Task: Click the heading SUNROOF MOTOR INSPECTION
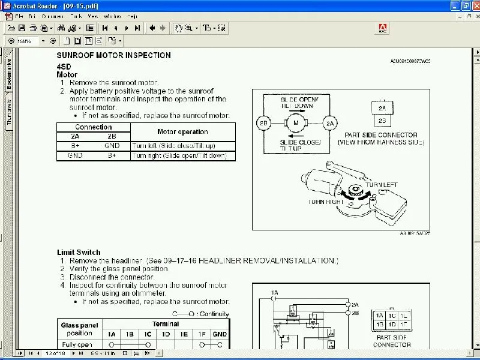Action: pyautogui.click(x=113, y=55)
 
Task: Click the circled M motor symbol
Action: pyautogui.click(x=295, y=123)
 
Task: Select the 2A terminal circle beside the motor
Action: pyautogui.click(x=330, y=123)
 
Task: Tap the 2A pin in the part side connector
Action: pyautogui.click(x=382, y=108)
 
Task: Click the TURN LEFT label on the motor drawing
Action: pyautogui.click(x=381, y=185)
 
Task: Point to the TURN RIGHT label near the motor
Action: pyautogui.click(x=326, y=202)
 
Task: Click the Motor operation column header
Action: pyautogui.click(x=182, y=131)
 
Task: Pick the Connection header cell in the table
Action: pyautogui.click(x=93, y=127)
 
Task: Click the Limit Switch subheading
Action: pyautogui.click(x=79, y=253)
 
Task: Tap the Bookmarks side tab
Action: pyautogui.click(x=9, y=74)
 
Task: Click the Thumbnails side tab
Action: pyautogui.click(x=9, y=112)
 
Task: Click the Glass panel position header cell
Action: pyautogui.click(x=80, y=329)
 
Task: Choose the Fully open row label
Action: pyautogui.click(x=77, y=344)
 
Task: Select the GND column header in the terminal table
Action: pyautogui.click(x=220, y=334)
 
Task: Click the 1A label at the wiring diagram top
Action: pyautogui.click(x=275, y=292)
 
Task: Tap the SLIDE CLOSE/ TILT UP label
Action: pyautogui.click(x=301, y=145)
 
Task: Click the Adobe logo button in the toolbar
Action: pyautogui.click(x=381, y=28)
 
